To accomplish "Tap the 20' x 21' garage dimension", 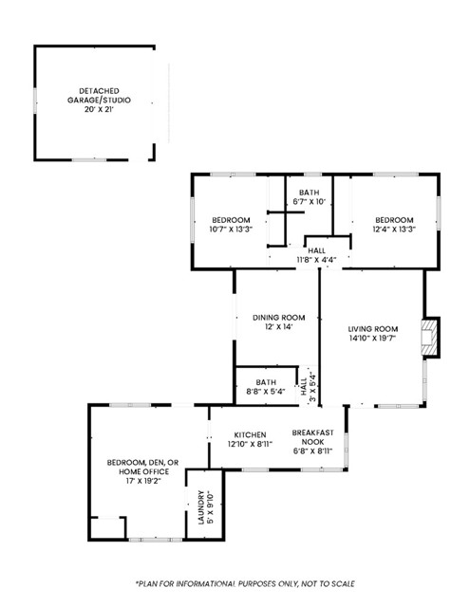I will (99, 109).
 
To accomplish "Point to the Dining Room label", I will (278, 317).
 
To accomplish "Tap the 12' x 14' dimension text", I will (278, 326).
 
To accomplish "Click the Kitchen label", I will (251, 432).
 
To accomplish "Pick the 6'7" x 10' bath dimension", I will (310, 201).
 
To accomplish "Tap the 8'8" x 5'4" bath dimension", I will (265, 391).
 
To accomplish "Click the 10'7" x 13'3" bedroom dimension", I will (231, 229).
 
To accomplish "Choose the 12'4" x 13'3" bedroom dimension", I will (393, 229).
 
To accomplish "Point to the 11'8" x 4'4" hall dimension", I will (314, 259).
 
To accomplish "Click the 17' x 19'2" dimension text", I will (137, 481).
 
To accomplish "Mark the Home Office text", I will (137, 471).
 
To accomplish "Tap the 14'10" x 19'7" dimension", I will (371, 338).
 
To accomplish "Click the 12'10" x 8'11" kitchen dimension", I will (251, 442).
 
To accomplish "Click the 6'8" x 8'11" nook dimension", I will (312, 451).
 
